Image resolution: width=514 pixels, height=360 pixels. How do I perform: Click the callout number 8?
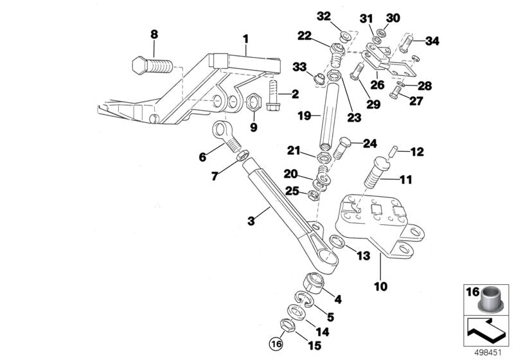click(153, 34)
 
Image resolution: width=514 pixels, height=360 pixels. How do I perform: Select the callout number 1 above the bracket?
click(245, 39)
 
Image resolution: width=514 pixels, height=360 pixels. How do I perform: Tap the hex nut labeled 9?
click(253, 102)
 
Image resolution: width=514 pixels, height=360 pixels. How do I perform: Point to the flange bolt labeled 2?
click(270, 93)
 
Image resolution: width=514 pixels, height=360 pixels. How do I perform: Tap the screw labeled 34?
click(405, 44)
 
